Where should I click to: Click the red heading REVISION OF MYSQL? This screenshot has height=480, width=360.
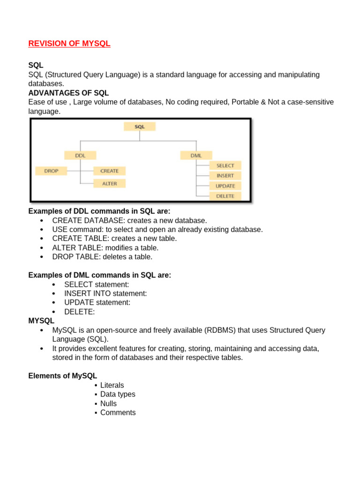pyautogui.click(x=69, y=44)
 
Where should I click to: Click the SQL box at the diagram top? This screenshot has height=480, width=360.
pyautogui.click(x=140, y=127)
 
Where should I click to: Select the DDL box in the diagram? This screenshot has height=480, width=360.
pyautogui.click(x=80, y=155)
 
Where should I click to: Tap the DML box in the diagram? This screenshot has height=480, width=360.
pyautogui.click(x=196, y=155)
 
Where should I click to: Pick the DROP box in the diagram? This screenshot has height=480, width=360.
pyautogui.click(x=51, y=171)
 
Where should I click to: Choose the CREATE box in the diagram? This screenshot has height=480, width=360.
pyautogui.click(x=110, y=171)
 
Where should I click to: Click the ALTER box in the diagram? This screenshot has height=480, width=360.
pyautogui.click(x=110, y=183)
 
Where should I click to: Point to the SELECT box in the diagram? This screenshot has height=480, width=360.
pyautogui.click(x=225, y=165)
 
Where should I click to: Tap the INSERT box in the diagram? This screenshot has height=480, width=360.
pyautogui.click(x=225, y=176)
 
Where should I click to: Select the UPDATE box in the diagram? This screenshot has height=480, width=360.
pyautogui.click(x=225, y=186)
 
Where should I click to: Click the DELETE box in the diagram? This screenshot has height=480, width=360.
pyautogui.click(x=225, y=196)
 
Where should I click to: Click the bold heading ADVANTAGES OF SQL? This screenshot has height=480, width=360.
pyautogui.click(x=68, y=93)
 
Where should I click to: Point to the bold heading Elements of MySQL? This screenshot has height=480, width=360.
pyautogui.click(x=63, y=376)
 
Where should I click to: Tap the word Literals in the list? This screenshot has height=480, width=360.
pyautogui.click(x=112, y=385)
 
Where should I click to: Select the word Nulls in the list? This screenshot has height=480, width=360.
pyautogui.click(x=108, y=404)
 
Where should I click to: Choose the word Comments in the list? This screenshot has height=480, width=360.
pyautogui.click(x=118, y=412)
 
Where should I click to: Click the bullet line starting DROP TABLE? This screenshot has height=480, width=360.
pyautogui.click(x=102, y=257)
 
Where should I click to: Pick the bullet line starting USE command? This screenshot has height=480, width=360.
pyautogui.click(x=157, y=229)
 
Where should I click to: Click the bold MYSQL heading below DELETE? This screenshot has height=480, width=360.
pyautogui.click(x=41, y=321)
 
